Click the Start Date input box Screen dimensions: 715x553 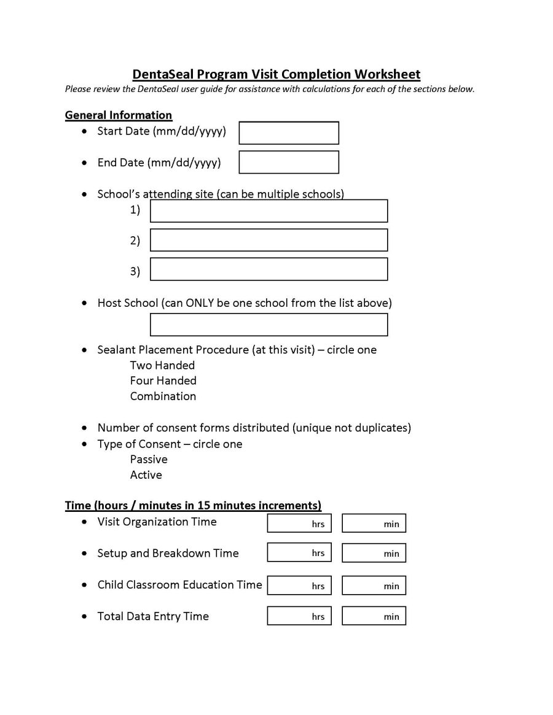288,133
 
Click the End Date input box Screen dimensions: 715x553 288,163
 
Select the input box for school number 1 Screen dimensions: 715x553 269,211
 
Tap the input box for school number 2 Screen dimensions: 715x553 269,240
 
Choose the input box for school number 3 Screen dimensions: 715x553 269,269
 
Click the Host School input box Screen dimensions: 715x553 269,325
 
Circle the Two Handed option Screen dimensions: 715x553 162,365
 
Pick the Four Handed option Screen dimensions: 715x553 163,381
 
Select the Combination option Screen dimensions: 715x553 163,396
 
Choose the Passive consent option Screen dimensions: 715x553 149,460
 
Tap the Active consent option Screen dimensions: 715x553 146,475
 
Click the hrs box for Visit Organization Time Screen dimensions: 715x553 299,523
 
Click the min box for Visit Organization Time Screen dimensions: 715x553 374,523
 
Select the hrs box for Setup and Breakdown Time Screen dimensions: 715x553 299,553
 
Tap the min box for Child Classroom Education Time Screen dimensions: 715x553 374,586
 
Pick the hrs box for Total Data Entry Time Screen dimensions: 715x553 299,616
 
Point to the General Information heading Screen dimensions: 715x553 119,115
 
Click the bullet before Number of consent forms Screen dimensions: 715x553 84,428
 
